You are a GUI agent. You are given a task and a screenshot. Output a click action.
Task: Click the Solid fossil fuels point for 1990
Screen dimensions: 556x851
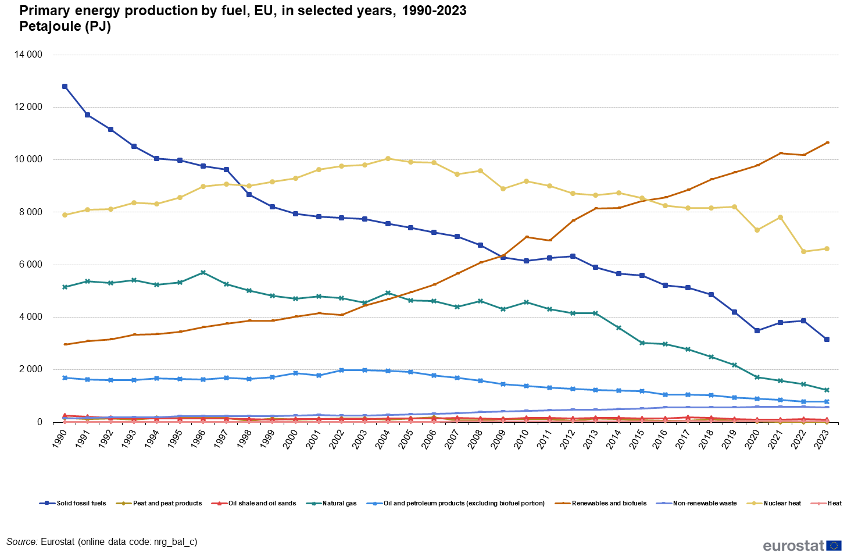tap(65, 87)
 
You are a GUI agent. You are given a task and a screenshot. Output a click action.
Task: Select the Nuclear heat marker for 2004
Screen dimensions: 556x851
tap(388, 158)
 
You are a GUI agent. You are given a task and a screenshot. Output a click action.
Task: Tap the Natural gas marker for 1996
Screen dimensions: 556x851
tap(203, 272)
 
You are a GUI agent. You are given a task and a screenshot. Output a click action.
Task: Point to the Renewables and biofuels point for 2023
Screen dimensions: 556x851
tap(827, 142)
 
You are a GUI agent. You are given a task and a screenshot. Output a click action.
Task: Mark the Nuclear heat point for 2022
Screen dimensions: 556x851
tap(803, 252)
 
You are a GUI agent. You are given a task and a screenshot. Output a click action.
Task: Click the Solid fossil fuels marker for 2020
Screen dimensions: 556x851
tap(757, 330)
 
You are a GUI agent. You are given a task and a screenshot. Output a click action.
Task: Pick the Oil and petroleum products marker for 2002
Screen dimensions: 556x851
tap(341, 370)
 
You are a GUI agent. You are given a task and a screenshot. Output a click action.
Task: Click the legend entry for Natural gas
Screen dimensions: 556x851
tap(339, 503)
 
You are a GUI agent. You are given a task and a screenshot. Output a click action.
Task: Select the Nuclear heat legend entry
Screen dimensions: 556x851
tap(782, 503)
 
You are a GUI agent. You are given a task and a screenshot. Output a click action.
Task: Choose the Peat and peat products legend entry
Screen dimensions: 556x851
tap(167, 503)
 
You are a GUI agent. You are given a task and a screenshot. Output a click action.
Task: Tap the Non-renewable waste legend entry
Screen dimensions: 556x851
tap(704, 503)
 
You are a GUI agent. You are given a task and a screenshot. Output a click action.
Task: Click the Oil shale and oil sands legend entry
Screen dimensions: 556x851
tap(262, 503)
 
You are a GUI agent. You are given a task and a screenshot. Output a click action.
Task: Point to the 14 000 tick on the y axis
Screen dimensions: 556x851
tap(28, 55)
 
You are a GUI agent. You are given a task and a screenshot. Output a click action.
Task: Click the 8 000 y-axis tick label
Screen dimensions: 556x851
tap(31, 212)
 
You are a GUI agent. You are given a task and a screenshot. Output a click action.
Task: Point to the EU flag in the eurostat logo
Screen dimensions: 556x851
tap(834, 546)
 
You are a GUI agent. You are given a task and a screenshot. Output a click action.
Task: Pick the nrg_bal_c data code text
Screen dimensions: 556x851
tap(174, 542)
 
